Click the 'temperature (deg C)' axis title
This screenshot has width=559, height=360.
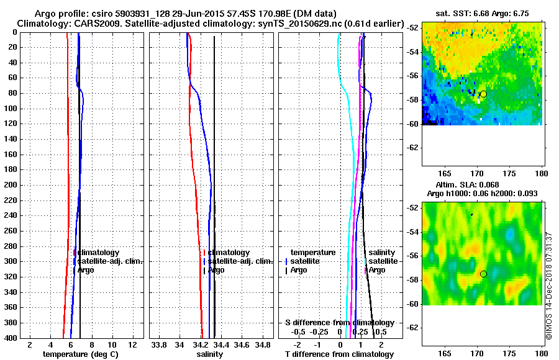[80, 354]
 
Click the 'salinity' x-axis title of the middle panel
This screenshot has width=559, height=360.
[209, 354]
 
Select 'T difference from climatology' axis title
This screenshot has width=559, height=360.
[339, 354]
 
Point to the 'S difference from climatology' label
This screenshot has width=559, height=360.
[339, 323]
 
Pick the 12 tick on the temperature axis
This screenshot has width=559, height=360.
[132, 344]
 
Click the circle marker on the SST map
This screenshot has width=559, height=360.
[483, 94]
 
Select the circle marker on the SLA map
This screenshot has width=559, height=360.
[483, 274]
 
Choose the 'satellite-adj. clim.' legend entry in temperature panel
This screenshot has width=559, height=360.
[110, 261]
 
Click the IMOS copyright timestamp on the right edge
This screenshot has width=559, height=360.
[549, 286]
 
